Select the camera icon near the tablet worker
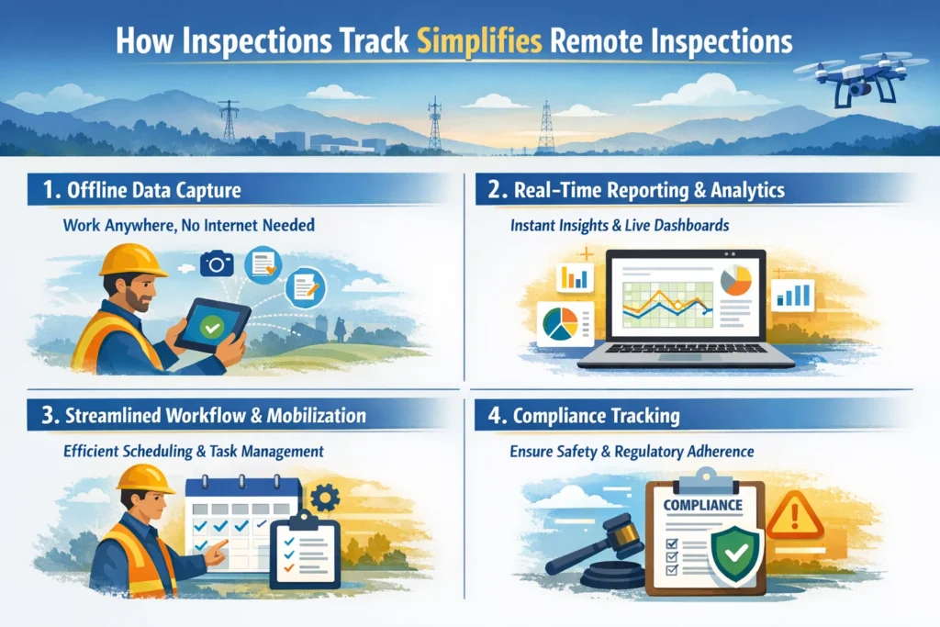click(x=218, y=263)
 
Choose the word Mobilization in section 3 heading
click(x=316, y=416)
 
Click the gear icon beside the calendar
click(x=324, y=498)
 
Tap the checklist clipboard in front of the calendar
click(x=304, y=553)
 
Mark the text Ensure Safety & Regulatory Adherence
click(x=632, y=452)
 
